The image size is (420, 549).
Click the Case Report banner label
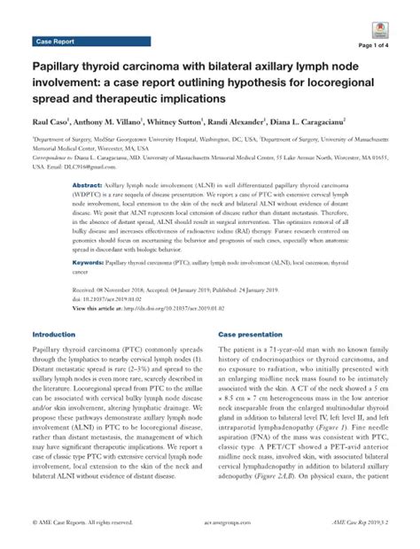(54, 42)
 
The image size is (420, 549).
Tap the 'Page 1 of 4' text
(366, 45)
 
